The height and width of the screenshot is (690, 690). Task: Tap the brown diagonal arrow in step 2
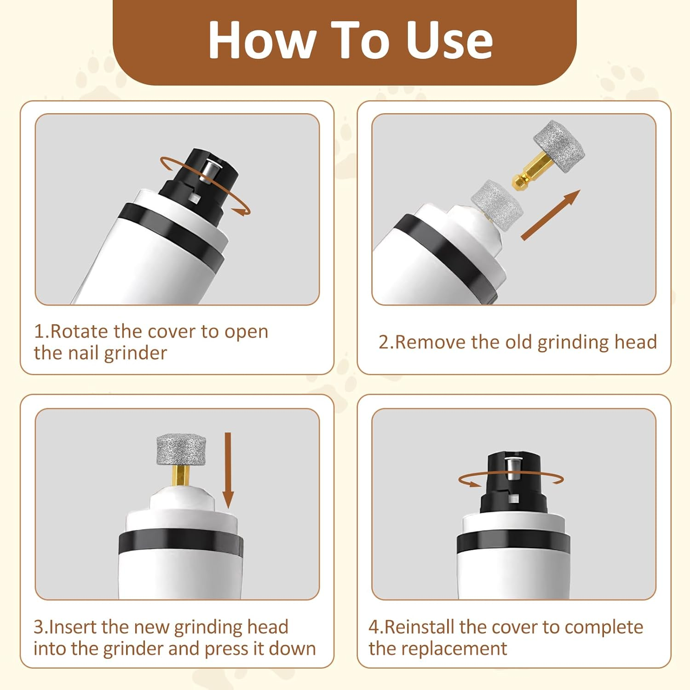(550, 215)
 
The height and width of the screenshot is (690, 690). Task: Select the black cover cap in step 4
(513, 483)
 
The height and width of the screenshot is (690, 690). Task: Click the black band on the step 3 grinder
(180, 545)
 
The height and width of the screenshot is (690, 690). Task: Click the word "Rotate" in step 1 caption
(79, 331)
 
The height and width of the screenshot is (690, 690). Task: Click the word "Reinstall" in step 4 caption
(419, 627)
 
